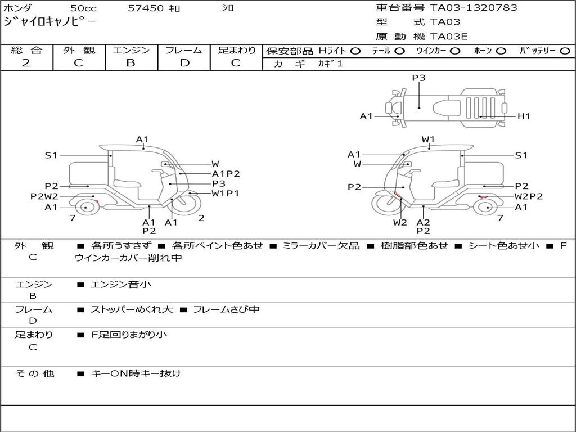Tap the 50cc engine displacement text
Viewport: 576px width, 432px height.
pos(83,8)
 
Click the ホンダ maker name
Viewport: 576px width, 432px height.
pos(18,8)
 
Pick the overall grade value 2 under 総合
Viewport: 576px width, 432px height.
pos(26,63)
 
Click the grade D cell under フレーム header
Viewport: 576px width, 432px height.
pos(184,63)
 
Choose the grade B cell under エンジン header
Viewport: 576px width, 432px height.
pos(131,63)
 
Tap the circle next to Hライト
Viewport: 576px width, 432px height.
pos(355,51)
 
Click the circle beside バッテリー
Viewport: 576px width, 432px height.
pos(565,51)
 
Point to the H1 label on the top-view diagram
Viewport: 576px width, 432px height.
pos(524,116)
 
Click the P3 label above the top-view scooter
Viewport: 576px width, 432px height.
pos(418,78)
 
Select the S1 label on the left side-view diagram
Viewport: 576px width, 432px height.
pos(51,155)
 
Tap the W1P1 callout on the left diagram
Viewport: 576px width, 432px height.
pos(225,193)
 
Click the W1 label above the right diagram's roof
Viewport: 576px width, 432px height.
pos(428,139)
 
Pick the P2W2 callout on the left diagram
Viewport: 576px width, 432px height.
pos(44,196)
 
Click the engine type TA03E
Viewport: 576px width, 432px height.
pos(449,37)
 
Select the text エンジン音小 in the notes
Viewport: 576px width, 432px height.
pos(121,285)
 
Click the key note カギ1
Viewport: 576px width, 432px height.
pos(330,64)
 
